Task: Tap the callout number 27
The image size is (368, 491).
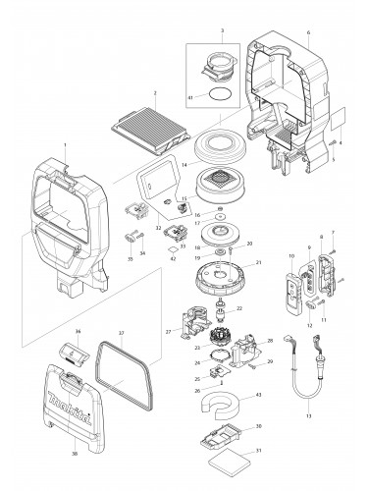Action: (x=168, y=333)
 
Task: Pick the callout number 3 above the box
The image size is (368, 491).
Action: (x=223, y=30)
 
